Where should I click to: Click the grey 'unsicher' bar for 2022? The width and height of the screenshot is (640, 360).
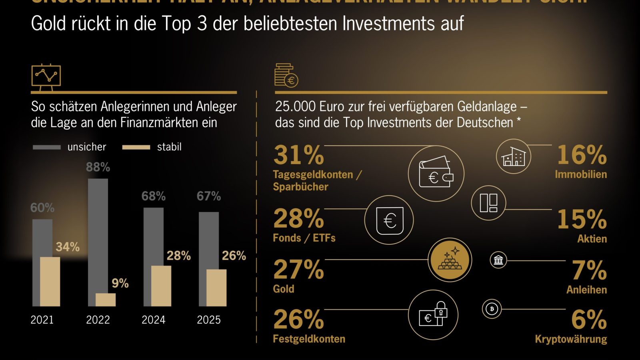(x=98, y=234)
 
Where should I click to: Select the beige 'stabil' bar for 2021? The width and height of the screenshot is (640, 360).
(x=50, y=282)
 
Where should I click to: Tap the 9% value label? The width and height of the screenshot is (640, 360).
(x=120, y=284)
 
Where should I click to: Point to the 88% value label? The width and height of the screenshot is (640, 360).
(x=98, y=167)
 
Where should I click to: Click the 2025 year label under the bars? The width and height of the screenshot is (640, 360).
(x=208, y=320)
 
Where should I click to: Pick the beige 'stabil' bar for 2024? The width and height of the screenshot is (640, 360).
(x=161, y=286)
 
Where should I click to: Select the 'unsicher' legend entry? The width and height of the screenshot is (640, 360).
(x=70, y=147)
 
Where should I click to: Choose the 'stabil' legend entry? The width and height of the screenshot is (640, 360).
(x=152, y=147)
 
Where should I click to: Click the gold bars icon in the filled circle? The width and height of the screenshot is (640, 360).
(x=450, y=260)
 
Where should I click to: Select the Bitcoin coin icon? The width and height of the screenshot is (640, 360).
(x=492, y=309)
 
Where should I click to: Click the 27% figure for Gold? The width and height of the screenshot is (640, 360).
(x=299, y=270)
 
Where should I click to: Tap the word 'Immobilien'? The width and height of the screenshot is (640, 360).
(x=581, y=174)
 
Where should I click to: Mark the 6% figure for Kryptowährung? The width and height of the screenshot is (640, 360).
(x=589, y=319)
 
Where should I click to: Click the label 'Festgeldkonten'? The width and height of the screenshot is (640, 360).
(x=309, y=339)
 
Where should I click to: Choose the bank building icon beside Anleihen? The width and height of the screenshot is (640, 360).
(x=498, y=260)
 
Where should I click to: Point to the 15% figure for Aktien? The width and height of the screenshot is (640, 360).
(x=582, y=219)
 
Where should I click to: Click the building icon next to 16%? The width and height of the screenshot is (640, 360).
(x=514, y=156)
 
